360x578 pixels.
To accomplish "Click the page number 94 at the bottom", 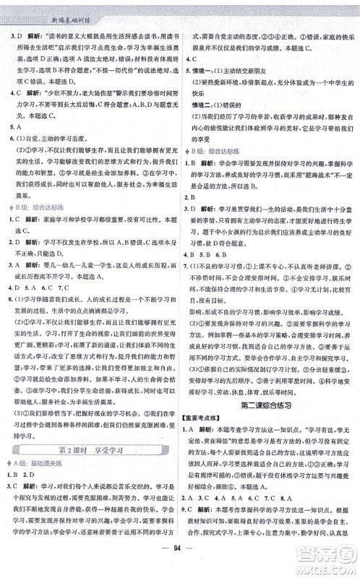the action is pos(180,559).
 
